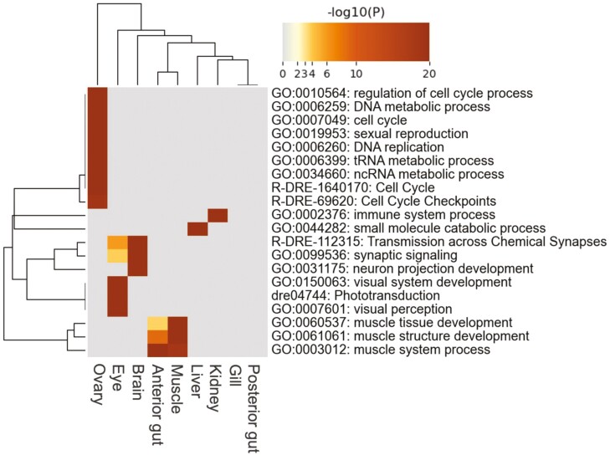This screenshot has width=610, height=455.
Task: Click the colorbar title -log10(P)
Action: [356, 13]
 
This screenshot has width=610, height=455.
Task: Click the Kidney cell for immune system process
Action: [217, 215]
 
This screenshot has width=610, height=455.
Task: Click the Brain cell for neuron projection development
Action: [137, 268]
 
